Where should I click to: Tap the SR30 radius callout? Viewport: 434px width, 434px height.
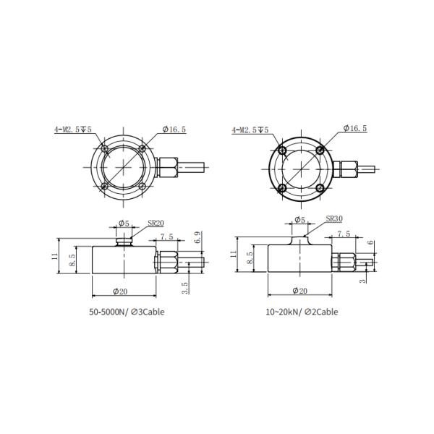click(x=334, y=218)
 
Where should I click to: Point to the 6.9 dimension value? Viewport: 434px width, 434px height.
click(x=197, y=237)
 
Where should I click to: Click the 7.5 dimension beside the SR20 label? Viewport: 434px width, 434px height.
click(x=167, y=237)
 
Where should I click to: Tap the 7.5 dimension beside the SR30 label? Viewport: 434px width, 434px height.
click(x=344, y=234)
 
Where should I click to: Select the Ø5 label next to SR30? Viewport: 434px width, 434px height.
click(x=299, y=219)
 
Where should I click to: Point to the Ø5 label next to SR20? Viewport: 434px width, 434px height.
click(x=123, y=224)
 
